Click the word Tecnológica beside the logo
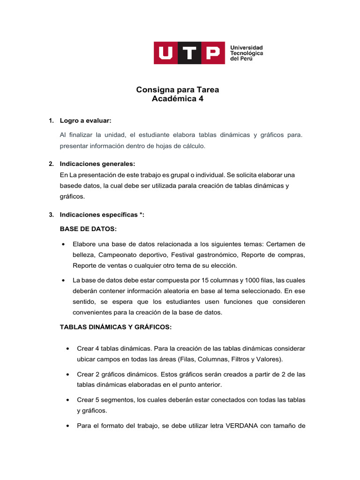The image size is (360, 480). tap(246, 53)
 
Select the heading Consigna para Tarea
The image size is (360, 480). tap(177, 90)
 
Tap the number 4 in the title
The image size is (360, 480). tap(202, 99)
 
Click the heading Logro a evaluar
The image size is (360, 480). tap(85, 121)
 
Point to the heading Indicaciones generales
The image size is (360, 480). tap(97, 164)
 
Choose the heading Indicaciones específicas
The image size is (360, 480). tap(102, 215)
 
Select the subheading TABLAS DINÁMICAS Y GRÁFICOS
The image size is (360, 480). tap(116, 327)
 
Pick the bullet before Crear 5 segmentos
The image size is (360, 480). tap(68, 400)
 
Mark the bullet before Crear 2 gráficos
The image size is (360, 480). tap(68, 374)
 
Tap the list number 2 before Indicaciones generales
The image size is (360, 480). tap(51, 164)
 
